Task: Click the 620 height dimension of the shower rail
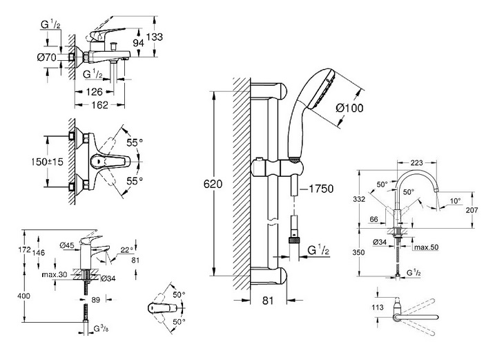pyautogui.click(x=213, y=184)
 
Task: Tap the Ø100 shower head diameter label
pyautogui.click(x=349, y=108)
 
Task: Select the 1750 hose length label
pyautogui.click(x=321, y=189)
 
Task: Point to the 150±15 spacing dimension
pyautogui.click(x=47, y=162)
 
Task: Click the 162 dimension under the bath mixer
pyautogui.click(x=99, y=105)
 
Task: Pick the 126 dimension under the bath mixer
pyautogui.click(x=94, y=92)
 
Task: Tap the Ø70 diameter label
pyautogui.click(x=47, y=58)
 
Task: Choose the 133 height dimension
pyautogui.click(x=154, y=37)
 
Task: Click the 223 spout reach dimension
pyautogui.click(x=416, y=163)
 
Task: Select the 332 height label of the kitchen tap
pyautogui.click(x=359, y=199)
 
